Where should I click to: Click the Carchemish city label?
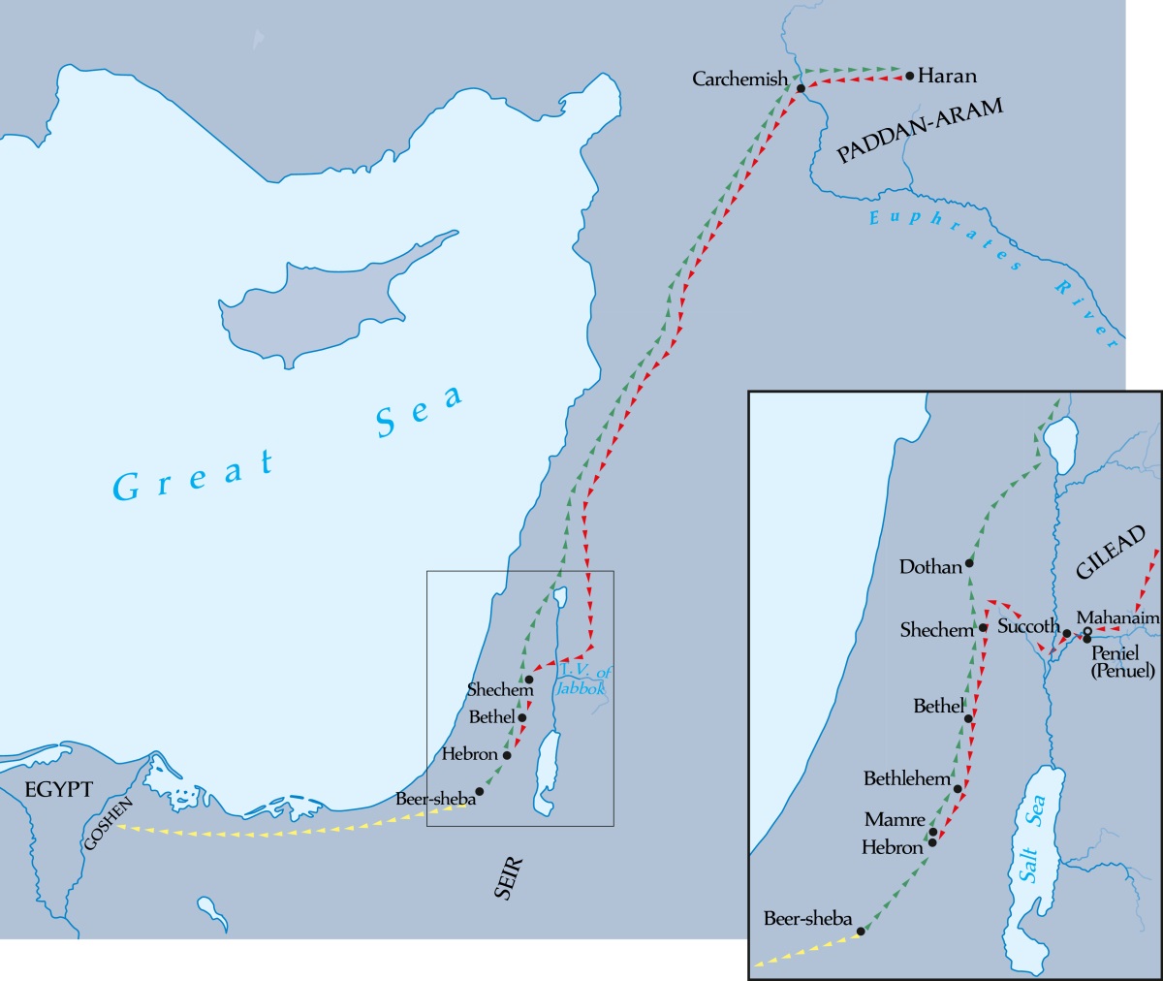click(739, 79)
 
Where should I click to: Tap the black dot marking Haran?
click(909, 75)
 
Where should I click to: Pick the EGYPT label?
click(59, 789)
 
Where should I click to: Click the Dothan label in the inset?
click(930, 567)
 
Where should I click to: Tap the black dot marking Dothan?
click(969, 562)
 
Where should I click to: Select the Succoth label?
click(1028, 626)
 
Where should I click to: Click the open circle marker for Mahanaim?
click(1087, 632)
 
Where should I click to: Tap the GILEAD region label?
click(1111, 553)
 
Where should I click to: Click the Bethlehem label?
click(907, 778)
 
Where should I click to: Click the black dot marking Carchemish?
click(801, 88)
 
